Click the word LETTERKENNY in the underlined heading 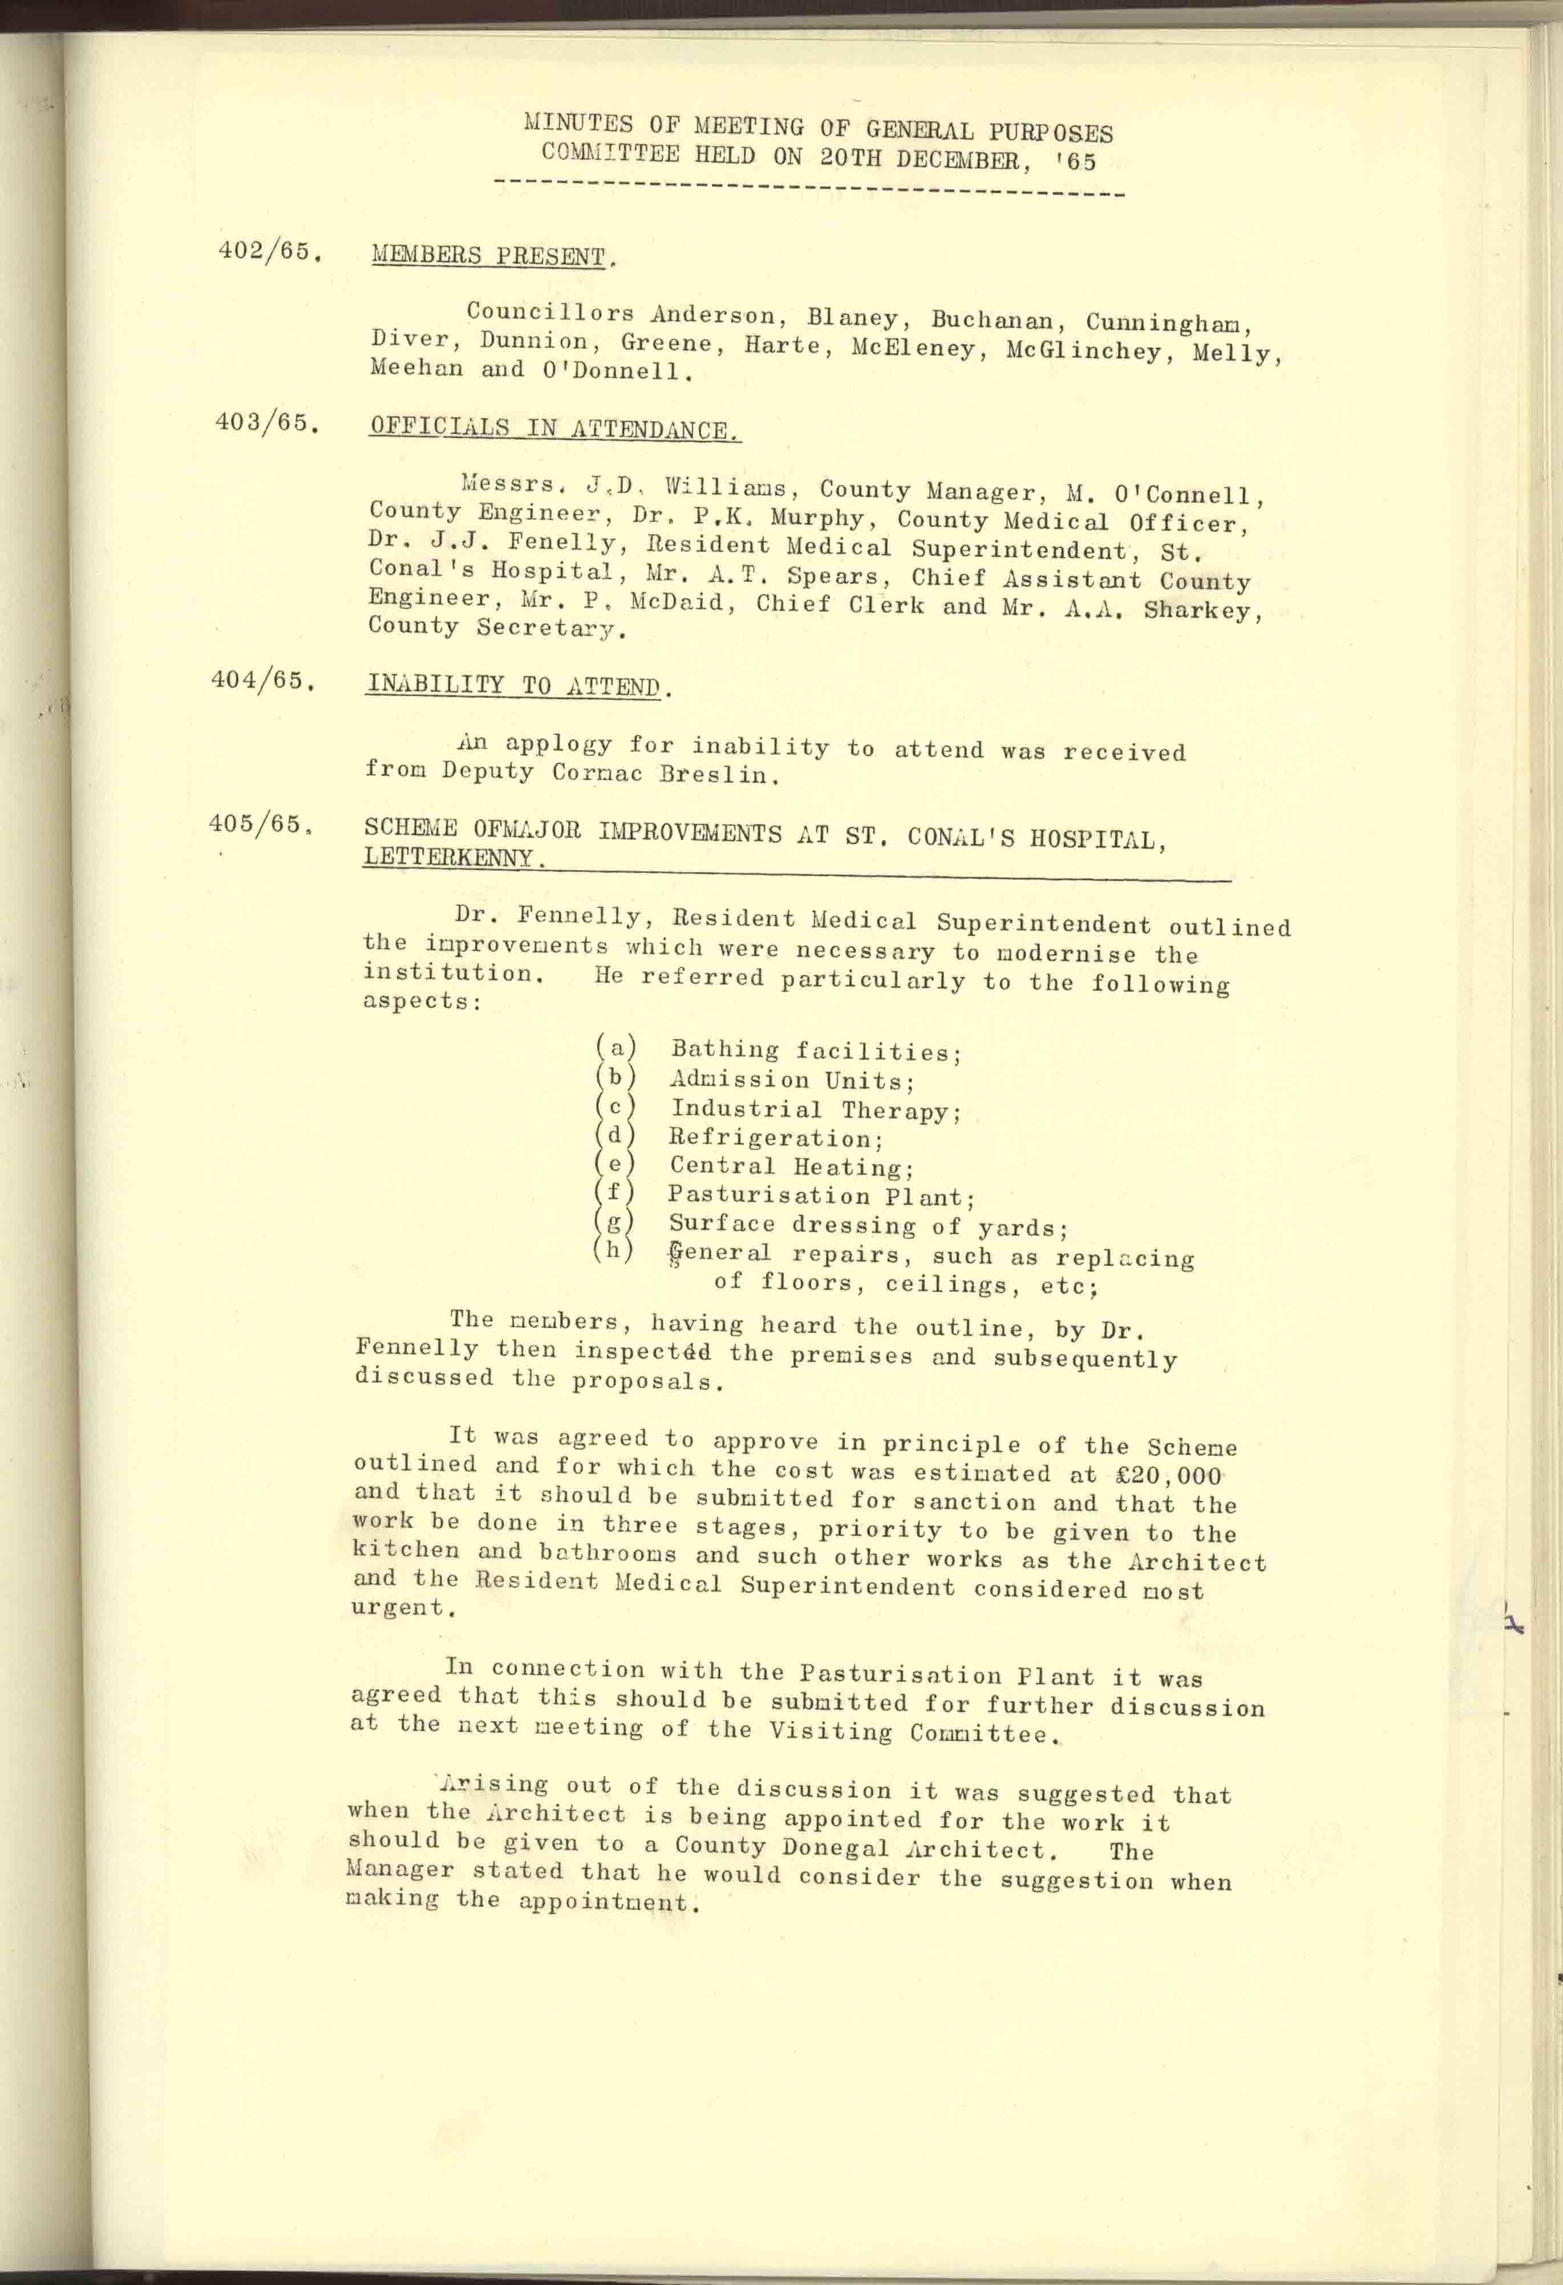pyautogui.click(x=448, y=857)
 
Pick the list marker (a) pyautogui.click(x=616, y=1048)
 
